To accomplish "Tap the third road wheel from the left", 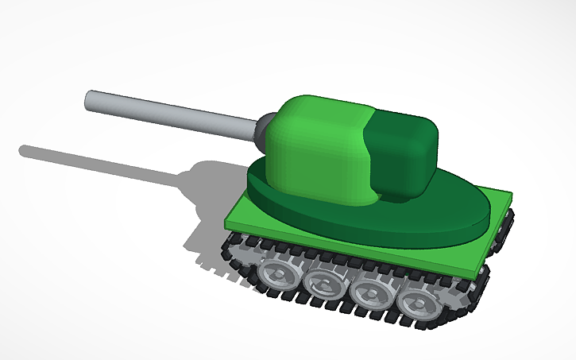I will [x=369, y=292].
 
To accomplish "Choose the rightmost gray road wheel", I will [x=415, y=302].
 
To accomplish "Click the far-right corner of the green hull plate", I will [x=512, y=192].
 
